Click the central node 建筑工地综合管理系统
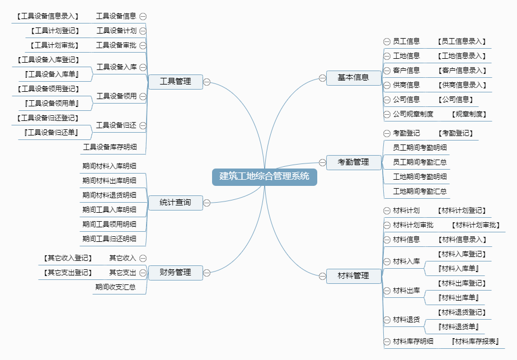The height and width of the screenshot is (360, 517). click(264, 176)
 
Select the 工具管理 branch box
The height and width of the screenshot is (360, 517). click(175, 82)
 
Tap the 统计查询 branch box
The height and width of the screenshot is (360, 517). click(175, 203)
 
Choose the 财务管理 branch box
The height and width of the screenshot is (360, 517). click(175, 273)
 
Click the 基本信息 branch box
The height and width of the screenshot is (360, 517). click(353, 78)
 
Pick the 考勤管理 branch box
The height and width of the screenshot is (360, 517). click(353, 162)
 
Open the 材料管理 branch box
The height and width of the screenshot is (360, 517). click(353, 275)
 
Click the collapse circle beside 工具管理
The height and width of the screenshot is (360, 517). click(206, 82)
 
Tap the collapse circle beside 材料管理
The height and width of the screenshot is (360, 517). click(322, 275)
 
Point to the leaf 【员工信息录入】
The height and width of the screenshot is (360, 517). click(463, 41)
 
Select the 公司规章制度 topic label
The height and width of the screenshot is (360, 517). click(413, 114)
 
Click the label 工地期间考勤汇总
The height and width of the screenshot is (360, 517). click(420, 191)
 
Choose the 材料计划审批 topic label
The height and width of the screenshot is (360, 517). click(413, 225)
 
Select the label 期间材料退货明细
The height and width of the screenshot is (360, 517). click(109, 195)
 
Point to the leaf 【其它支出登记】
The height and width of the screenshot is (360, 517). click(67, 273)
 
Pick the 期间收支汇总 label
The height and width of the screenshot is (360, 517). click(115, 287)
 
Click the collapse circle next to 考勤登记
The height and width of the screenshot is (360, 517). click(387, 133)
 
